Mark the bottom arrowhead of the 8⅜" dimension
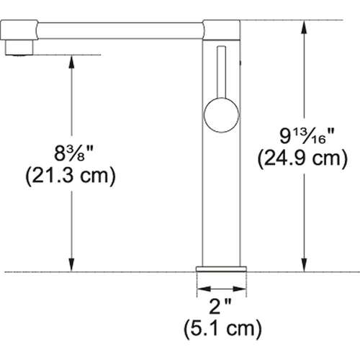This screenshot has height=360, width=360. pyautogui.click(x=71, y=266)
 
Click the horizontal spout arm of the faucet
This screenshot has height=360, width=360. pyautogui.click(x=115, y=30)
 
